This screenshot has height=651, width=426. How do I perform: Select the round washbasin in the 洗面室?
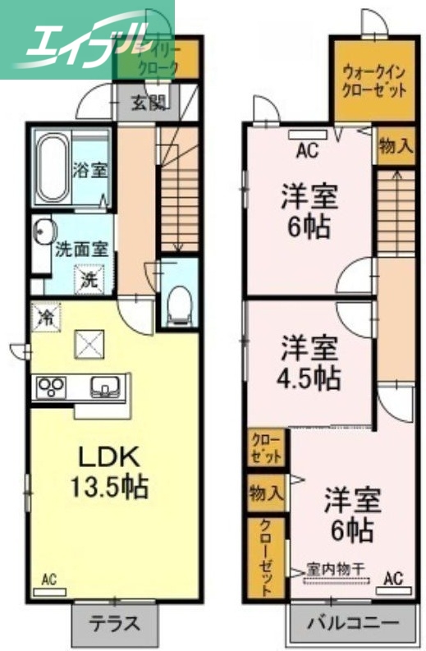tap(43, 232)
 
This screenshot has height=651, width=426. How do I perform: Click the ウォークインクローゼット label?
tap(373, 80)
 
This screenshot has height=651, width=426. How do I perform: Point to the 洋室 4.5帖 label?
tap(309, 362)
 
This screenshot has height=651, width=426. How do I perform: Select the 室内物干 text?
tap(335, 568)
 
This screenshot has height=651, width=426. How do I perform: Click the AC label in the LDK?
tap(49, 580)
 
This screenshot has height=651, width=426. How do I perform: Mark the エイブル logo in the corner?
tap(82, 39)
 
